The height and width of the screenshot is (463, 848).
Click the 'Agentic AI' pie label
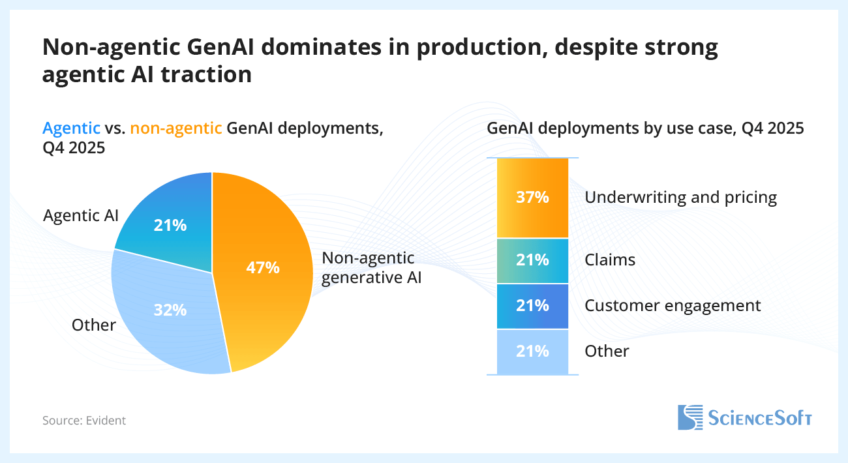coord(81,215)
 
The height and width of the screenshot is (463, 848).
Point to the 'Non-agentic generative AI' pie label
coord(371,267)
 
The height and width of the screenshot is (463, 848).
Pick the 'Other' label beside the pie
coord(95,325)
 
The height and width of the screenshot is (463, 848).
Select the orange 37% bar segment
coord(532,198)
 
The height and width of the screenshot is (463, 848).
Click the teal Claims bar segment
coord(532,260)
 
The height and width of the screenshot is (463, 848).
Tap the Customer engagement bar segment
coord(532,306)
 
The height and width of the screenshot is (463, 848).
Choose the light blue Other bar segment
coord(532,351)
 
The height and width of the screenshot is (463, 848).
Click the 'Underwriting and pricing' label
coord(680,198)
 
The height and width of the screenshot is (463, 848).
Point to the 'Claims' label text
coord(610,260)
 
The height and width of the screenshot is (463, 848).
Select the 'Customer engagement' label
coord(673,305)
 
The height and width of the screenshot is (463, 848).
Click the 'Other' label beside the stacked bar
coord(607,351)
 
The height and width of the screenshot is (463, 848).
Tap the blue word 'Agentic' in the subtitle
coord(72,128)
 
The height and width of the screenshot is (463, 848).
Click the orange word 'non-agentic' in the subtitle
coord(176,128)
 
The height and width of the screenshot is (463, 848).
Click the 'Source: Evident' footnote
coord(84,421)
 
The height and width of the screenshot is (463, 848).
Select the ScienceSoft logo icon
coord(689,417)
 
